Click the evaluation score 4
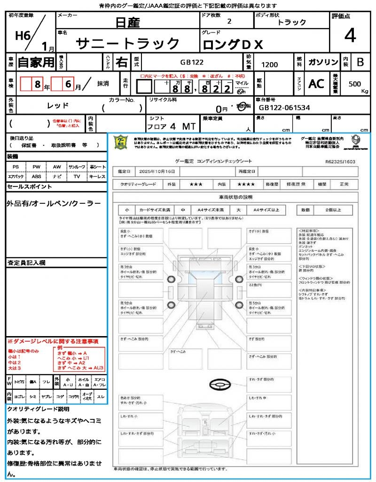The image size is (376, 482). [x=350, y=36]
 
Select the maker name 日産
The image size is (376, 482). [x=127, y=22]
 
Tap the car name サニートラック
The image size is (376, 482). [x=127, y=44]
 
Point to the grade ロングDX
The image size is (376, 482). [x=233, y=45]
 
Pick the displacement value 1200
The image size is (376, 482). [x=269, y=65]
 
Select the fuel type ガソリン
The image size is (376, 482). [x=323, y=63]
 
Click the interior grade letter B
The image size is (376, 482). [x=360, y=62]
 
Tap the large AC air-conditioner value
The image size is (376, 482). [x=316, y=84]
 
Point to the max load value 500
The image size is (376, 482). [x=355, y=84]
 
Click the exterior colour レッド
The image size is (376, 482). [x=58, y=105]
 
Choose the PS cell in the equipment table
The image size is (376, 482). [x=16, y=167]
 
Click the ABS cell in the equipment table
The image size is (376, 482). [x=36, y=176]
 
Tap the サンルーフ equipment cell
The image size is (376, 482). [x=77, y=167]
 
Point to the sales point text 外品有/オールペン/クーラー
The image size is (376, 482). [x=54, y=203]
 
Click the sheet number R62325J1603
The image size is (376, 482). [x=340, y=161]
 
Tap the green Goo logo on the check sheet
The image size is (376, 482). [x=121, y=142]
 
